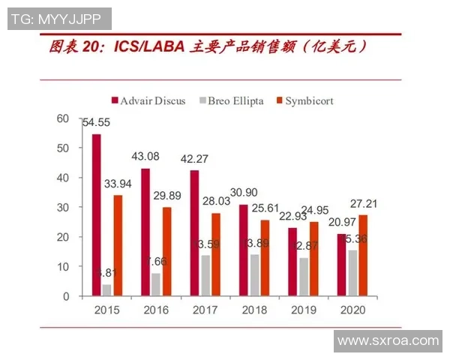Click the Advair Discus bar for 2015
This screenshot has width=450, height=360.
[x=96, y=215]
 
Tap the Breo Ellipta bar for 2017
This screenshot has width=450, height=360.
[x=205, y=275]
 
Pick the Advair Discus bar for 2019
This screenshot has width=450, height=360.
[x=292, y=262]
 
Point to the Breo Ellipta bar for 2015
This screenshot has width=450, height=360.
[x=106, y=290]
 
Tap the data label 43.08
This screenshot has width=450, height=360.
[x=145, y=156]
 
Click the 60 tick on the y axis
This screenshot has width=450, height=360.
[x=62, y=118]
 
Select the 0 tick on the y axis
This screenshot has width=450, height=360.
[x=65, y=296]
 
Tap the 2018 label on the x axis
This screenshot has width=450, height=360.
[x=253, y=310]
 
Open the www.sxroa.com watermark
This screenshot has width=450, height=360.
[x=387, y=340]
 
